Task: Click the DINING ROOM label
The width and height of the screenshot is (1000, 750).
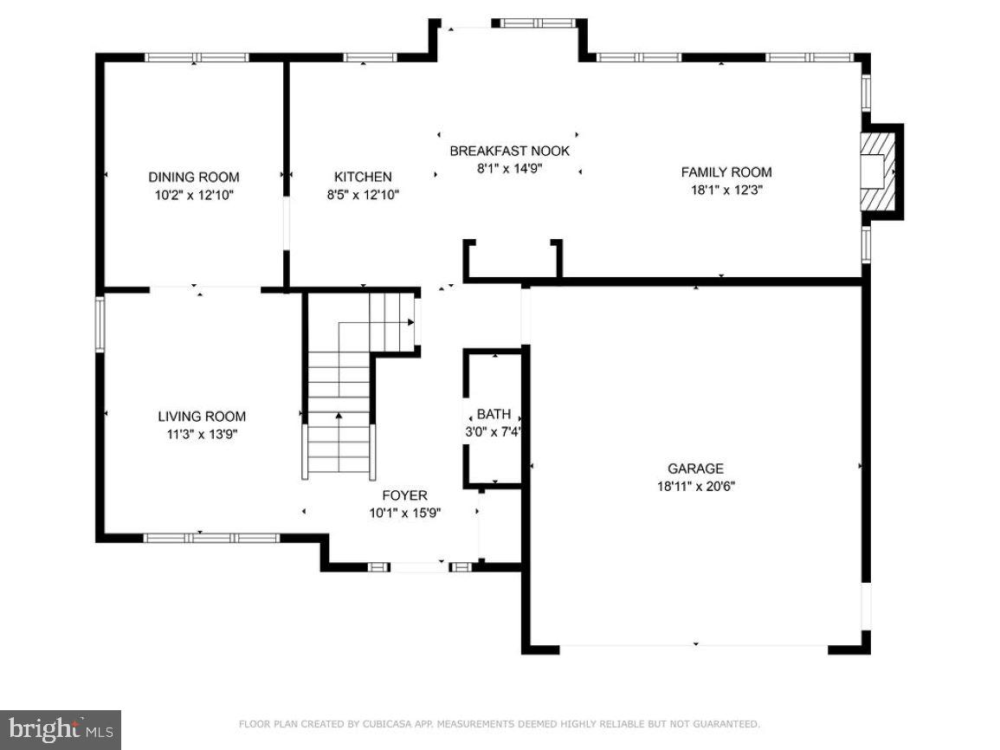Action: pos(193,178)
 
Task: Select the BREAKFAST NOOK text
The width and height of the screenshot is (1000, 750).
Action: pos(509,152)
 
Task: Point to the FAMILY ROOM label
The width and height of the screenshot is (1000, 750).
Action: pos(726,172)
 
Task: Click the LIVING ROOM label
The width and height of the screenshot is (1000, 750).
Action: pos(201,417)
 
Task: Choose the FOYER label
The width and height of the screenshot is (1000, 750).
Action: pos(404,496)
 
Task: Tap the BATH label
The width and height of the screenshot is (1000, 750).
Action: pos(494,415)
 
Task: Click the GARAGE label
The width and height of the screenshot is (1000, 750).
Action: pos(695,469)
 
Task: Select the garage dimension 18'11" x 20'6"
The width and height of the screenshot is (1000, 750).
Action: pos(695,487)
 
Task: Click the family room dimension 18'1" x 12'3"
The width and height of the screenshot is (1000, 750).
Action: pos(726,190)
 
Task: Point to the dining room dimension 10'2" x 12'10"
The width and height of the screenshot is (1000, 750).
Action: pos(194,196)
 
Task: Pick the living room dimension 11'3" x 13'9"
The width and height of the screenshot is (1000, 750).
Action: pos(201,434)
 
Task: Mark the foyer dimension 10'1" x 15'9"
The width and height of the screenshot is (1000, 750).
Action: pos(404,514)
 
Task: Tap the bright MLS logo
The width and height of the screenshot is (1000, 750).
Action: pos(61,730)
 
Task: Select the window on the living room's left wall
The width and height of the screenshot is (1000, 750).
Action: pos(100,324)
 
